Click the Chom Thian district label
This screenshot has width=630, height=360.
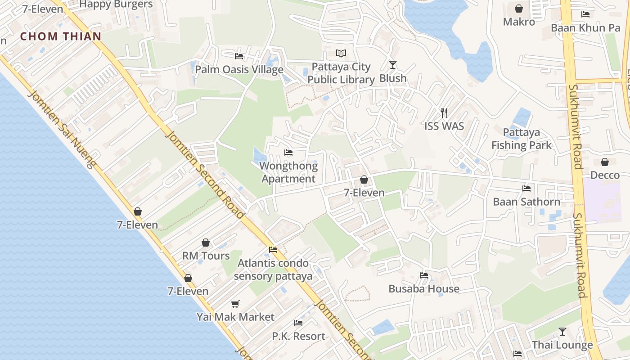point(61,36)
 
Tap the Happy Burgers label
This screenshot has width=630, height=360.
point(116,4)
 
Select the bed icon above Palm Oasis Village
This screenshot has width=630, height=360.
point(239,56)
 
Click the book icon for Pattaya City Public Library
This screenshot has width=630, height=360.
point(341,54)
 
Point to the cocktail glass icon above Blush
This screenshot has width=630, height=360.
point(393,65)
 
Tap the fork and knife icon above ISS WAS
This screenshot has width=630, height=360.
point(444,112)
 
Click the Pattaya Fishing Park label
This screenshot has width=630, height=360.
point(521,139)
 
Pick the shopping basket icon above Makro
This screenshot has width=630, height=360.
point(519,9)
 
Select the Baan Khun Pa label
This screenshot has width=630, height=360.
point(585,28)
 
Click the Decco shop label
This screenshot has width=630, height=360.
point(605,175)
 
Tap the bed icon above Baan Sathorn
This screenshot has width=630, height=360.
point(526,189)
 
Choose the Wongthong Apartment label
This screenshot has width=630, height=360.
point(288,172)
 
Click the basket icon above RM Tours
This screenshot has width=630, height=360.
point(206,243)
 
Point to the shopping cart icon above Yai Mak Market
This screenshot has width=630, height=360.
point(235,304)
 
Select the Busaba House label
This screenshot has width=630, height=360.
point(424,288)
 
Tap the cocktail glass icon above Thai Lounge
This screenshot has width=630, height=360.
point(562,332)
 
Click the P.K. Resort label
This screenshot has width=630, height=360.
point(298,336)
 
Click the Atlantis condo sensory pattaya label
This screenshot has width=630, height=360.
point(273,270)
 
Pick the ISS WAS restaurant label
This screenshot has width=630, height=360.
point(444,126)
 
